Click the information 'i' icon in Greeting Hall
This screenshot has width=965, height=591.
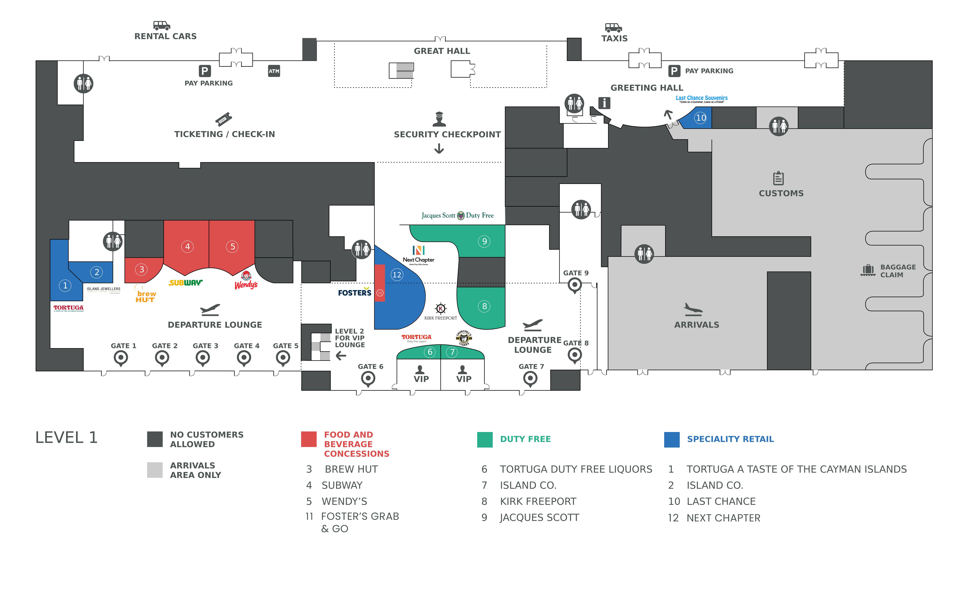point(604,103)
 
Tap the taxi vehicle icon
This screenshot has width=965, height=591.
point(613,27)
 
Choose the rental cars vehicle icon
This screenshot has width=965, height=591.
point(162,25)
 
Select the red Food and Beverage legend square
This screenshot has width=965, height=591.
point(309,439)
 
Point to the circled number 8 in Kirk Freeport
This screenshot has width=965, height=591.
point(484,306)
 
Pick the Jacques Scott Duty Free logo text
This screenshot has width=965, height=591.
point(457,215)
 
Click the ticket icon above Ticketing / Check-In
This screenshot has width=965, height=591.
point(224,119)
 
